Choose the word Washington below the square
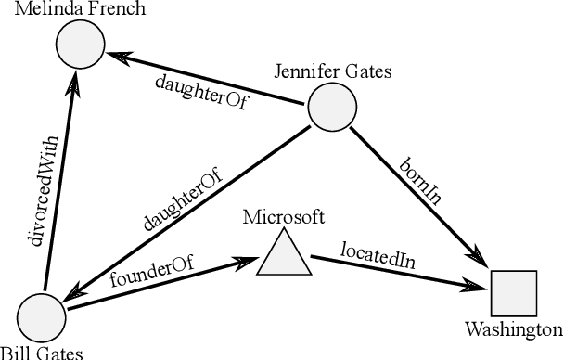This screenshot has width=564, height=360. tap(513, 329)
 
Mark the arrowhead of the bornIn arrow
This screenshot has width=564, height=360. tap(481, 257)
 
